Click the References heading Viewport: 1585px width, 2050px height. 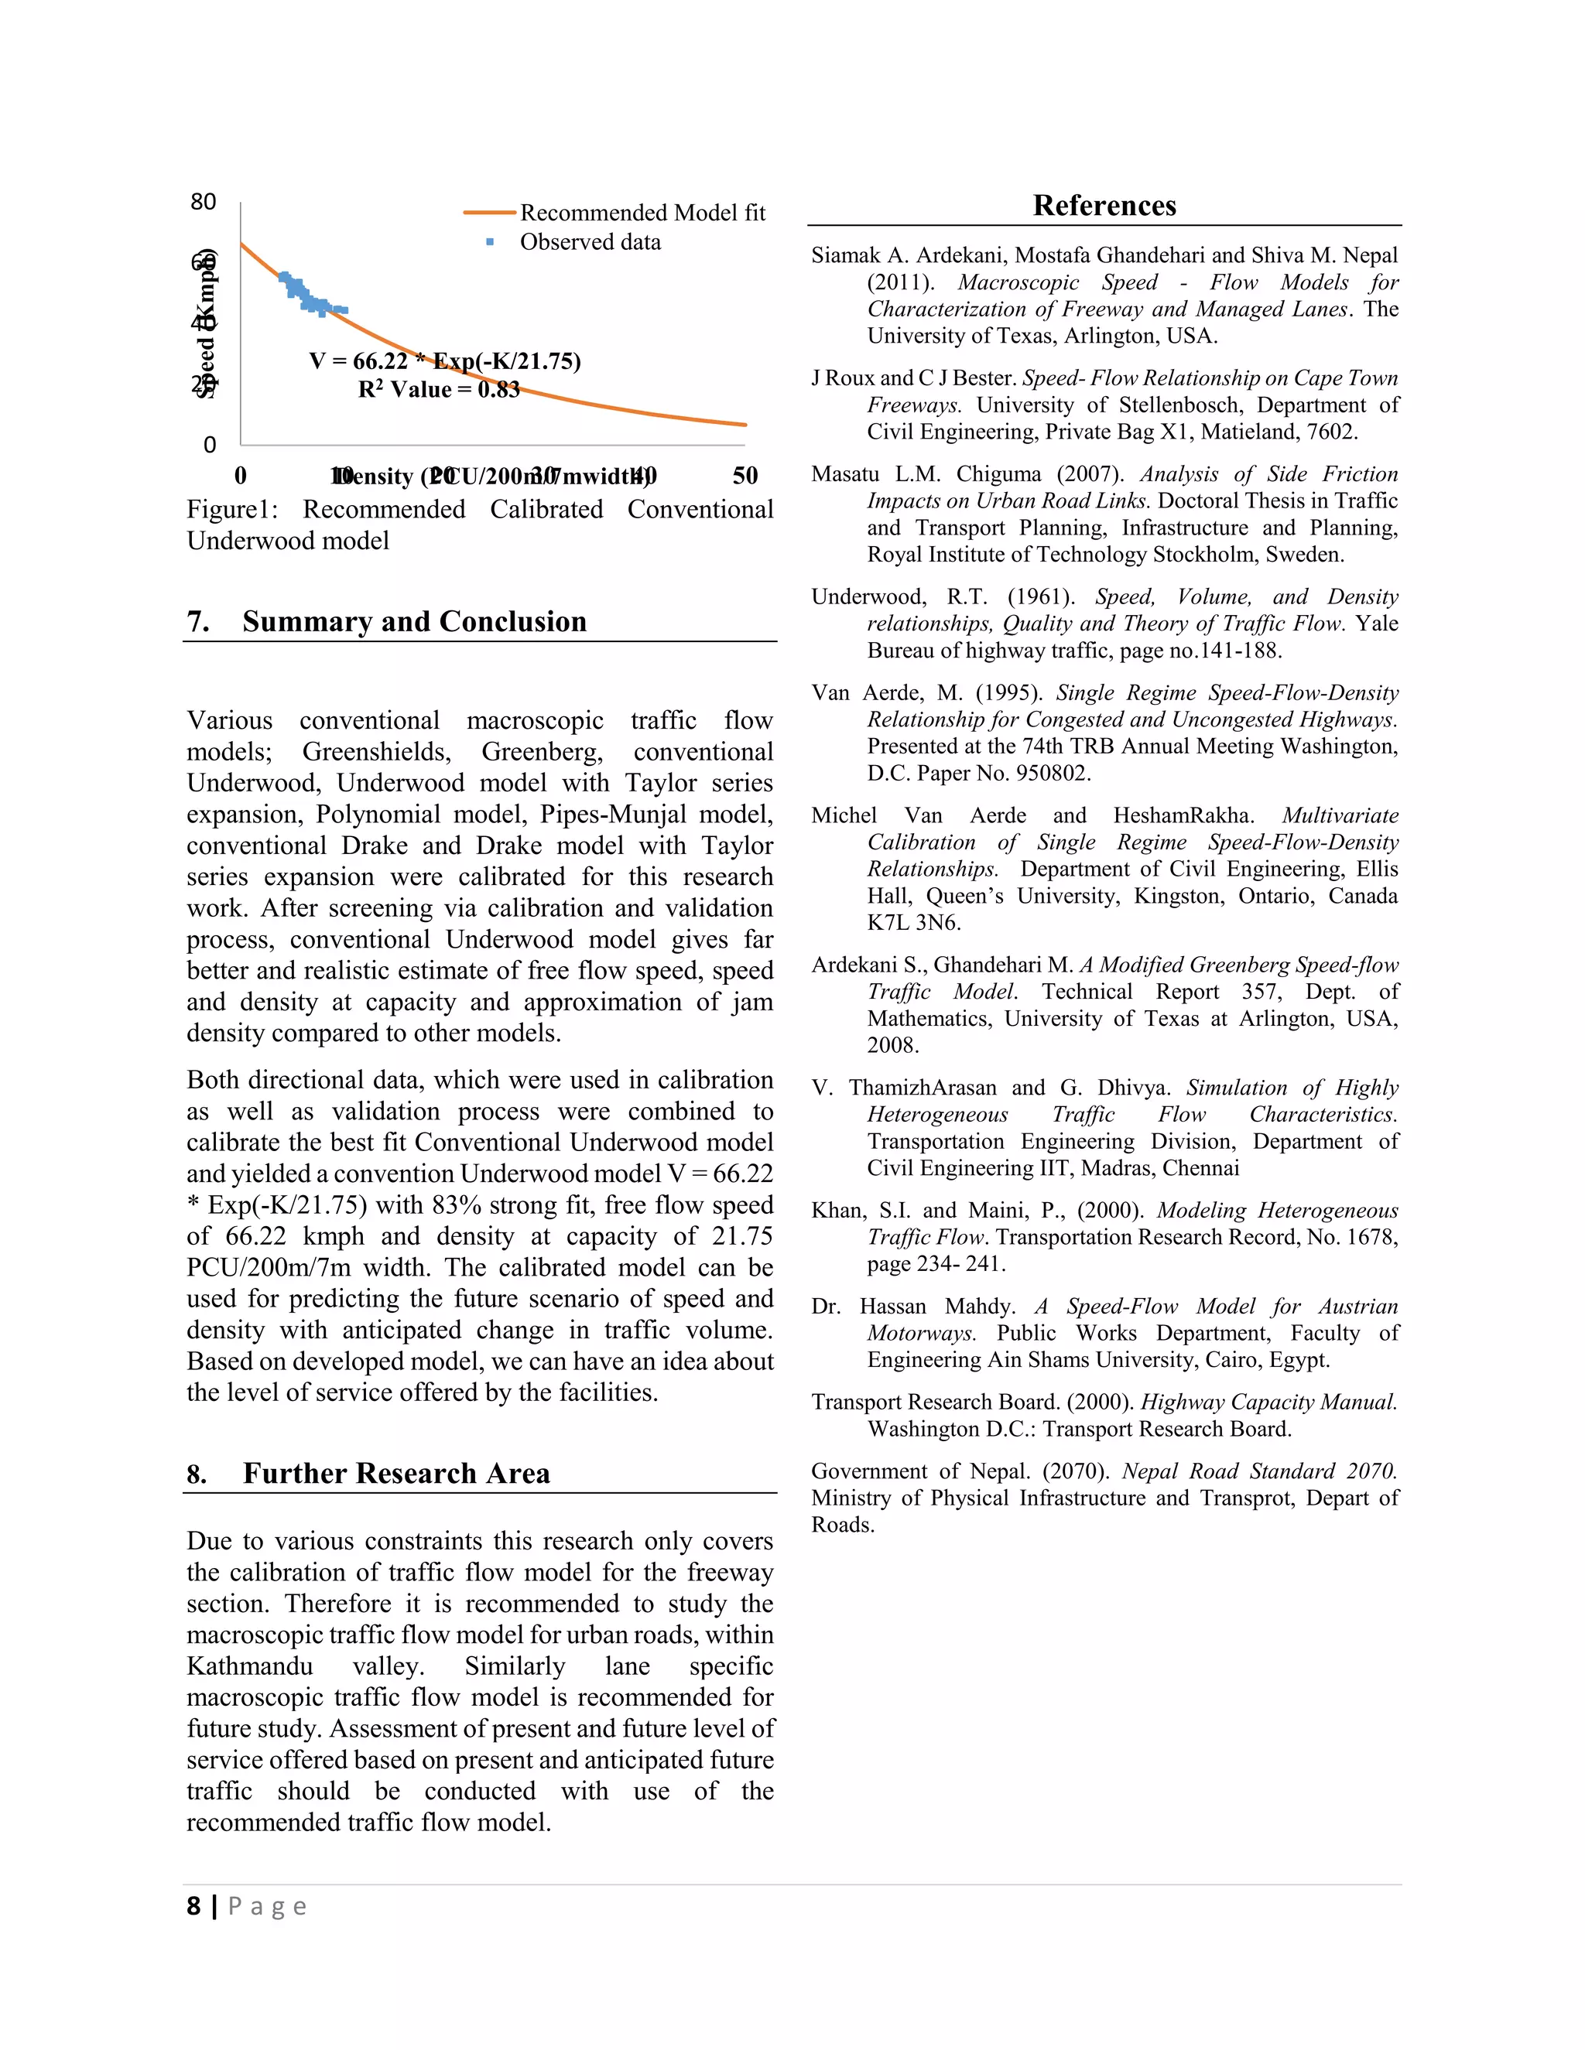(x=1104, y=206)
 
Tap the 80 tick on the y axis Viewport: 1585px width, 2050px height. (x=203, y=202)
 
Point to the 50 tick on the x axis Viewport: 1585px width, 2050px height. (x=745, y=476)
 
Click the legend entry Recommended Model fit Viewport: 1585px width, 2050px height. (x=642, y=213)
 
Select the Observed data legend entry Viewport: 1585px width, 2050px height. (x=590, y=242)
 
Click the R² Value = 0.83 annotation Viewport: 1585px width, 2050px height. (x=439, y=390)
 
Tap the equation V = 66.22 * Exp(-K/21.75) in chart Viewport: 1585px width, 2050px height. (x=445, y=361)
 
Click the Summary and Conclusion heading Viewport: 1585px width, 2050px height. (x=414, y=621)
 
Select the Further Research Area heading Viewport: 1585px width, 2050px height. (x=396, y=1473)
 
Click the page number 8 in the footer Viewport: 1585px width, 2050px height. (x=193, y=1906)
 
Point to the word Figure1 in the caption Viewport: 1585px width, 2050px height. (x=231, y=510)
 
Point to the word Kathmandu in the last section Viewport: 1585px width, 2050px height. (x=250, y=1666)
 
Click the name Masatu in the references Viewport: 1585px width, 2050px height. (x=845, y=474)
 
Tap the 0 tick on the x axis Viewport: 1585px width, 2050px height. (x=241, y=476)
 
